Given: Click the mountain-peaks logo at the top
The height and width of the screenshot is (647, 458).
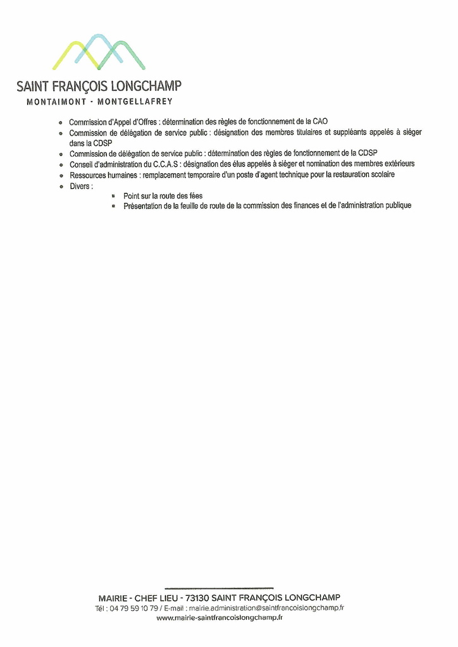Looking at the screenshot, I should (99, 52).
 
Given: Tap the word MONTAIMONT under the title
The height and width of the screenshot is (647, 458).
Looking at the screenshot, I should (56, 102).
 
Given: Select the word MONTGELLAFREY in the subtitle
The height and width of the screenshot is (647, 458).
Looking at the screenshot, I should (135, 102).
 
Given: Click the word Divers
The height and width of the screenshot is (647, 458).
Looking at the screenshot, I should (80, 186).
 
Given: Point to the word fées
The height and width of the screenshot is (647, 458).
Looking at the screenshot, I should (195, 197).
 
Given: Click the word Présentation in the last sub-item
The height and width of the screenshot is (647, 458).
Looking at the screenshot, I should (143, 206).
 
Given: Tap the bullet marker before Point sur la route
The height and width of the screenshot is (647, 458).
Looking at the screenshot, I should (113, 197).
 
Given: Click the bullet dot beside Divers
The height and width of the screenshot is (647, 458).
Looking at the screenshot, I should (60, 187).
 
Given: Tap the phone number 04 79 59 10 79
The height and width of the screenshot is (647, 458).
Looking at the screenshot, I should (134, 608).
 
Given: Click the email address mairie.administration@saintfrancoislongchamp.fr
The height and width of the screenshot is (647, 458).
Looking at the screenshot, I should (266, 608).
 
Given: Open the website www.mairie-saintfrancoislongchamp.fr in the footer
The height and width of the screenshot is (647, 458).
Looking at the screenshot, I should (220, 618).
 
